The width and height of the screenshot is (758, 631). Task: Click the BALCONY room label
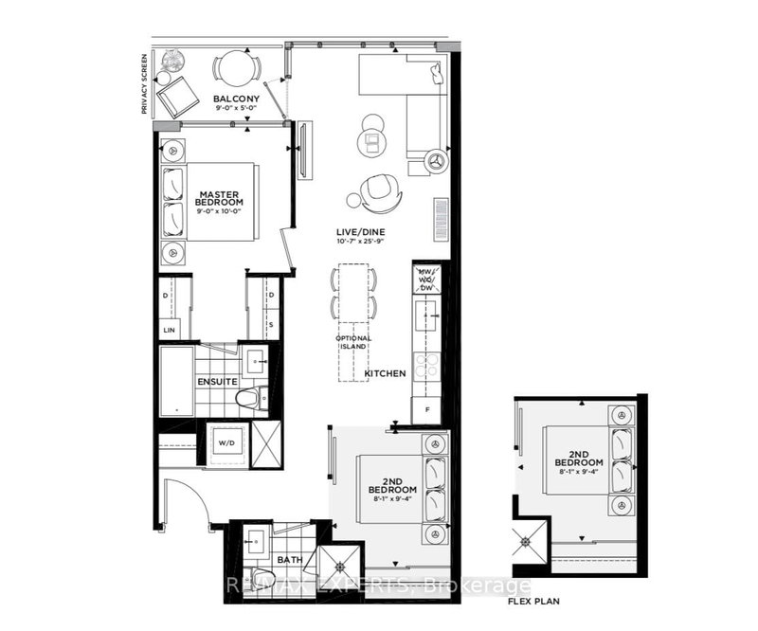tap(232, 99)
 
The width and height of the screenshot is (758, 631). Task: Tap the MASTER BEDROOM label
tap(219, 198)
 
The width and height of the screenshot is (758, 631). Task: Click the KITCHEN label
tap(385, 373)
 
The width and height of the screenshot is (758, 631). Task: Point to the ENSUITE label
tap(217, 382)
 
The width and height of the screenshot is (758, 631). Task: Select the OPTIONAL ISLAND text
tap(352, 343)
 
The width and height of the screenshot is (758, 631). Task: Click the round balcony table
tap(232, 66)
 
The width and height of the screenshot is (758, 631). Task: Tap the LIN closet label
tap(170, 329)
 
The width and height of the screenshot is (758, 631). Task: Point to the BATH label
tap(285, 560)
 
